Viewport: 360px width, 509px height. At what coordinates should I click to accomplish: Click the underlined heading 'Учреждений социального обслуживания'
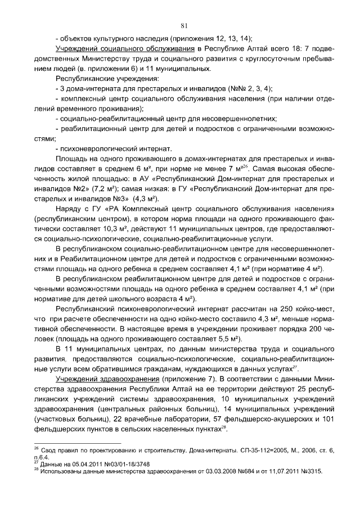(121, 49)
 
